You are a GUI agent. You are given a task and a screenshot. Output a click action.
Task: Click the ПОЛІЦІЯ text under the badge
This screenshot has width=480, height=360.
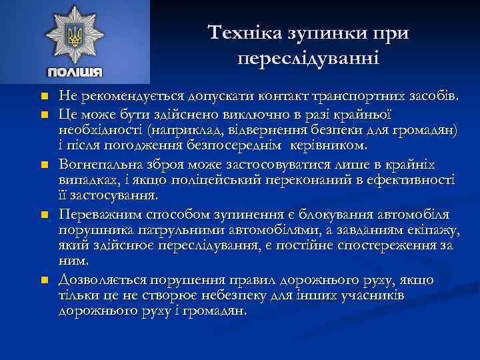pyautogui.click(x=75, y=72)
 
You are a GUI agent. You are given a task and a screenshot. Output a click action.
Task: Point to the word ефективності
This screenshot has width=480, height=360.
pyautogui.click(x=413, y=180)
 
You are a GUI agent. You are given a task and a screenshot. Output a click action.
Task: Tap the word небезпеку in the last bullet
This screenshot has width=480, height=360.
pyautogui.click(x=267, y=295)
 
